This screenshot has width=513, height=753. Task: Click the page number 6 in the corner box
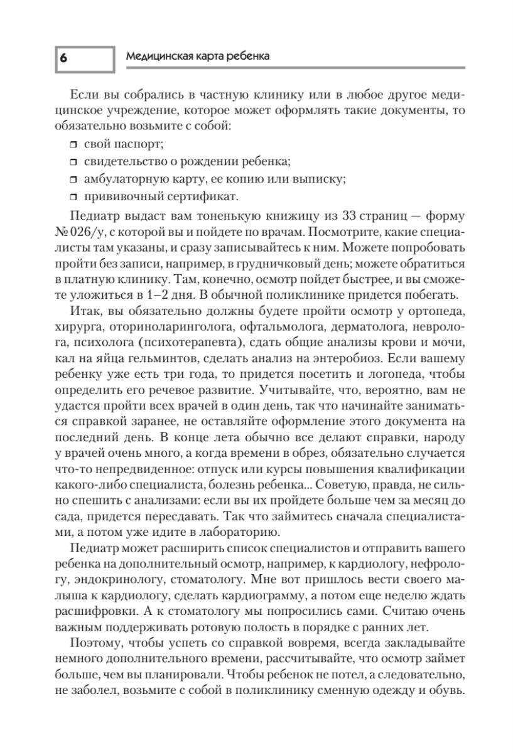tap(63, 57)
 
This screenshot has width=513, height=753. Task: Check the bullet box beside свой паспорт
tap(73, 146)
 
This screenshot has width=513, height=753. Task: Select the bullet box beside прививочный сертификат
tap(73, 196)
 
